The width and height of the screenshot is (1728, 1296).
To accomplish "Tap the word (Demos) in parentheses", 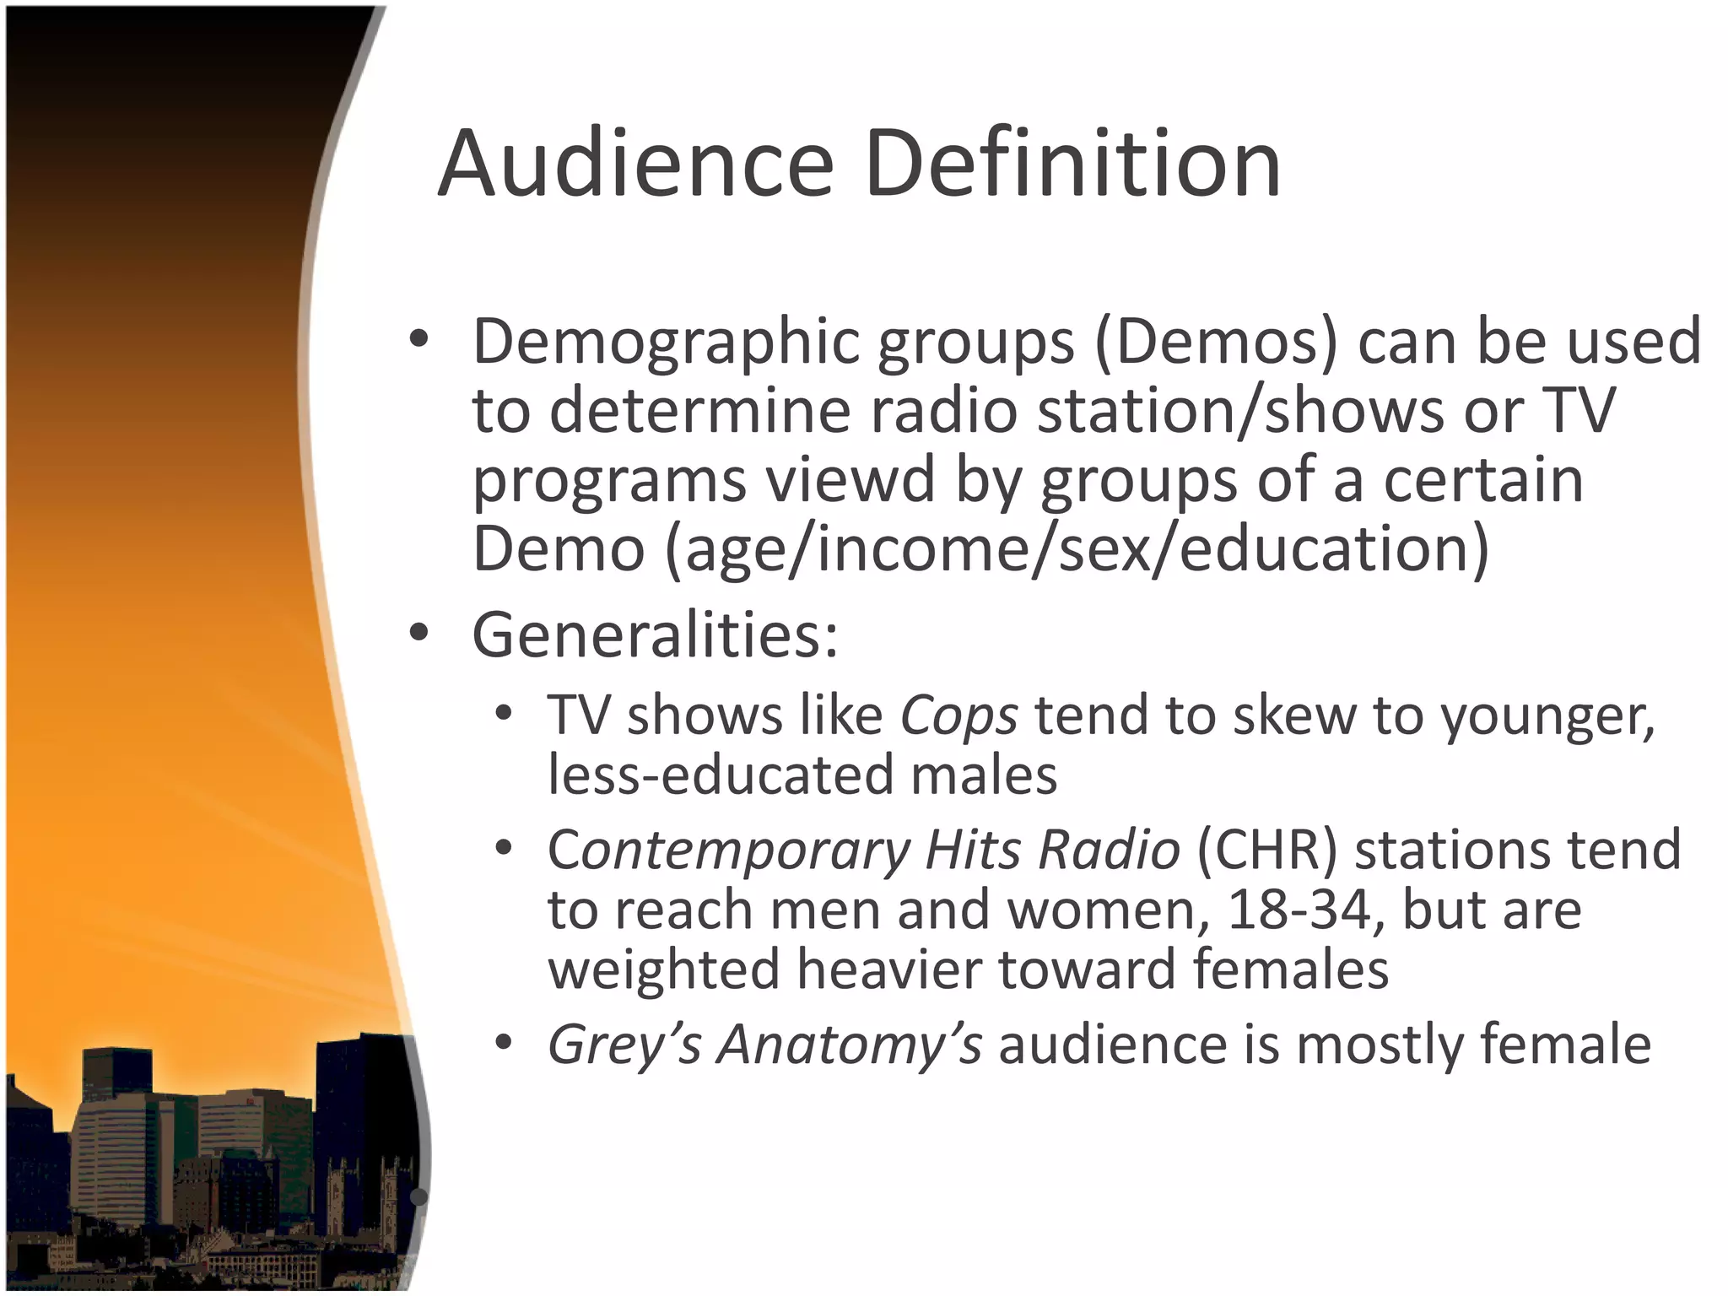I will coord(1216,342).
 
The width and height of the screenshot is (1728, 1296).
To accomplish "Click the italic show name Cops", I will coord(959,715).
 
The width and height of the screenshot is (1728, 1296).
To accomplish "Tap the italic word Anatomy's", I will coord(850,1045).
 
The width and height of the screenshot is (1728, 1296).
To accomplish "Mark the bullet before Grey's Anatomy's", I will coord(504,1044).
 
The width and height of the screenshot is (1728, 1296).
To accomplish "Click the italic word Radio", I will coord(1109,850).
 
